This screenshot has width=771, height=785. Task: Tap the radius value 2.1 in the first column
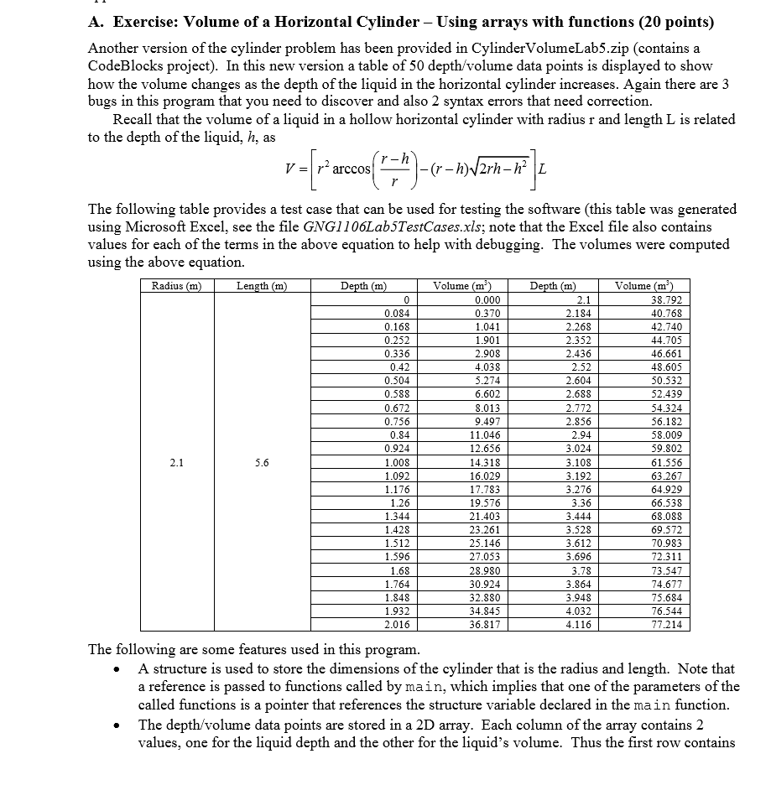point(175,461)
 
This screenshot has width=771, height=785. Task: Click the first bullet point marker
point(125,669)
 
